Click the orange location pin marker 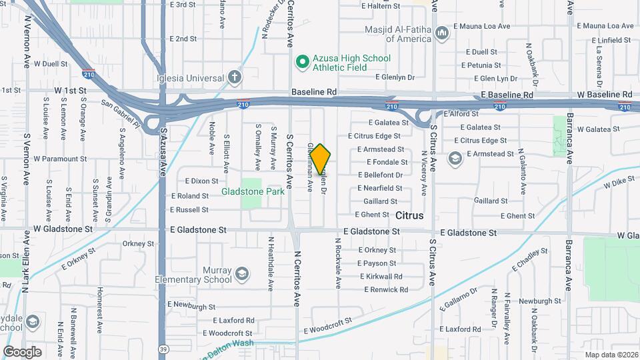[320, 159]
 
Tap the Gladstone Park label [253, 191]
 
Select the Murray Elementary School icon [241, 274]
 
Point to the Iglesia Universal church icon [234, 77]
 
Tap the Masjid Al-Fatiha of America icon [441, 33]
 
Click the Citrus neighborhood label [409, 216]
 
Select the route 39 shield [163, 348]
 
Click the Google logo [22, 351]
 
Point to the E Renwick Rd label [385, 289]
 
